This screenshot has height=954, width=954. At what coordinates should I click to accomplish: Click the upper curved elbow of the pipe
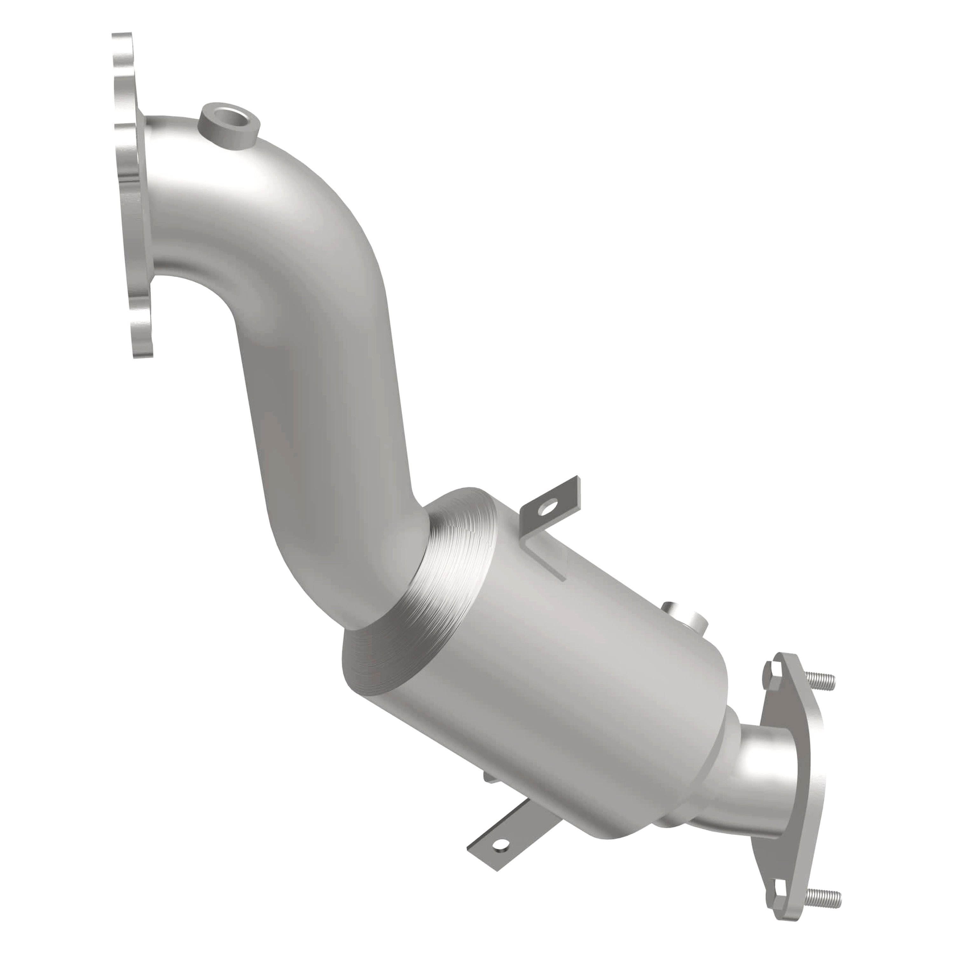tap(277, 197)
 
